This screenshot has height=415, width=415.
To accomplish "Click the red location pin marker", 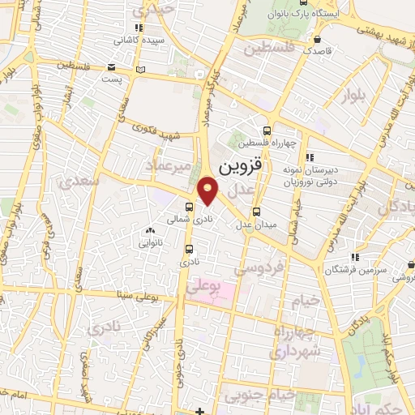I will tap(208, 190).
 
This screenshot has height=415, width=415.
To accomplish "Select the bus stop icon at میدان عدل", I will tap(257, 212).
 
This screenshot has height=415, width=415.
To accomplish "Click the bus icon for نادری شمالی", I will tap(189, 207).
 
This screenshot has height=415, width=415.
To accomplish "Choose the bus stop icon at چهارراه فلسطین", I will tap(267, 130).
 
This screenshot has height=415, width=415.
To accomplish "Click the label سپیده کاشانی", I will tap(150, 39).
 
